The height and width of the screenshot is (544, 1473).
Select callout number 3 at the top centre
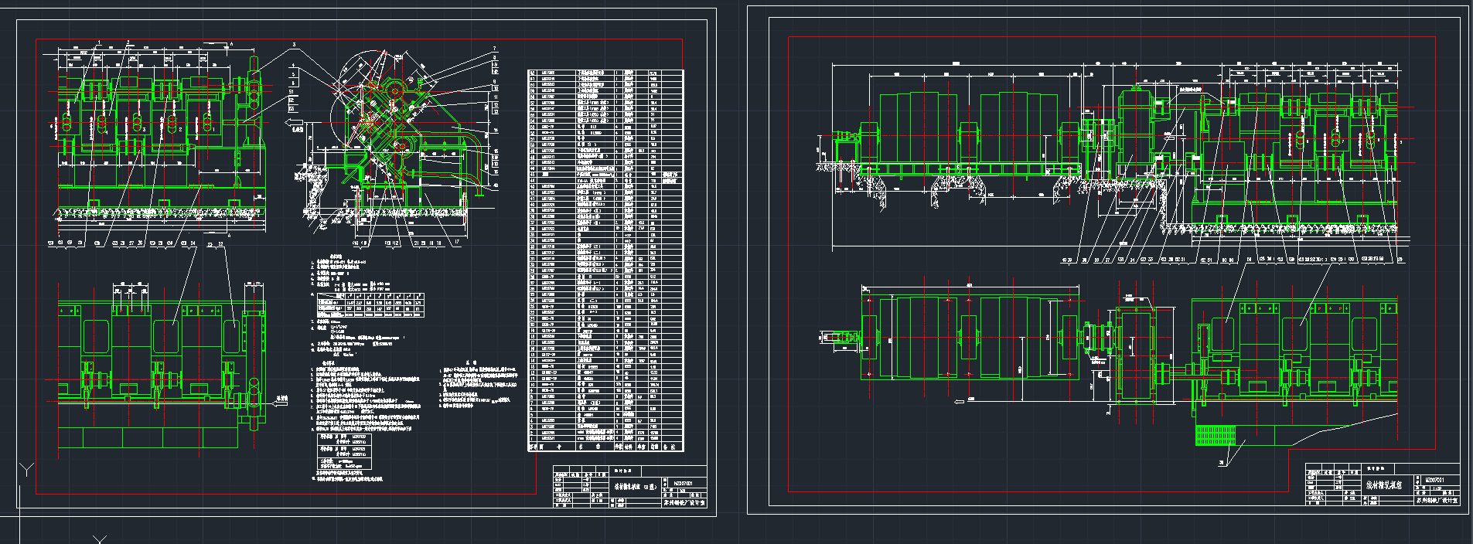pos(295,46)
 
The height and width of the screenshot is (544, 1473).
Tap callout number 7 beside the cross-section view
pos(495,49)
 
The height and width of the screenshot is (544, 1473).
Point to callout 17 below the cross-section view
pos(456,242)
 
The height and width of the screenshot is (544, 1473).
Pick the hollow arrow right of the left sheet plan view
pos(281,400)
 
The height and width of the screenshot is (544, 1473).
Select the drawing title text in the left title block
pos(635,487)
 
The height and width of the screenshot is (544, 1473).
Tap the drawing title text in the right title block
pos(1384,486)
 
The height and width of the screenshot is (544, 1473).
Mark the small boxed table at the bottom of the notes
pos(344,451)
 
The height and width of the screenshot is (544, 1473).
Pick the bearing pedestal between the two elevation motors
pos(968,143)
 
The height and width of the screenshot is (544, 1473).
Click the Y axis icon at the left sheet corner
pos(26,469)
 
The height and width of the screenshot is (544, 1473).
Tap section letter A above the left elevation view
pos(230,44)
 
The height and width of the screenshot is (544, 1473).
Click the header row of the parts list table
pos(605,447)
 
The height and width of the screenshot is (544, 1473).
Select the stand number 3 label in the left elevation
pos(144,130)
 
